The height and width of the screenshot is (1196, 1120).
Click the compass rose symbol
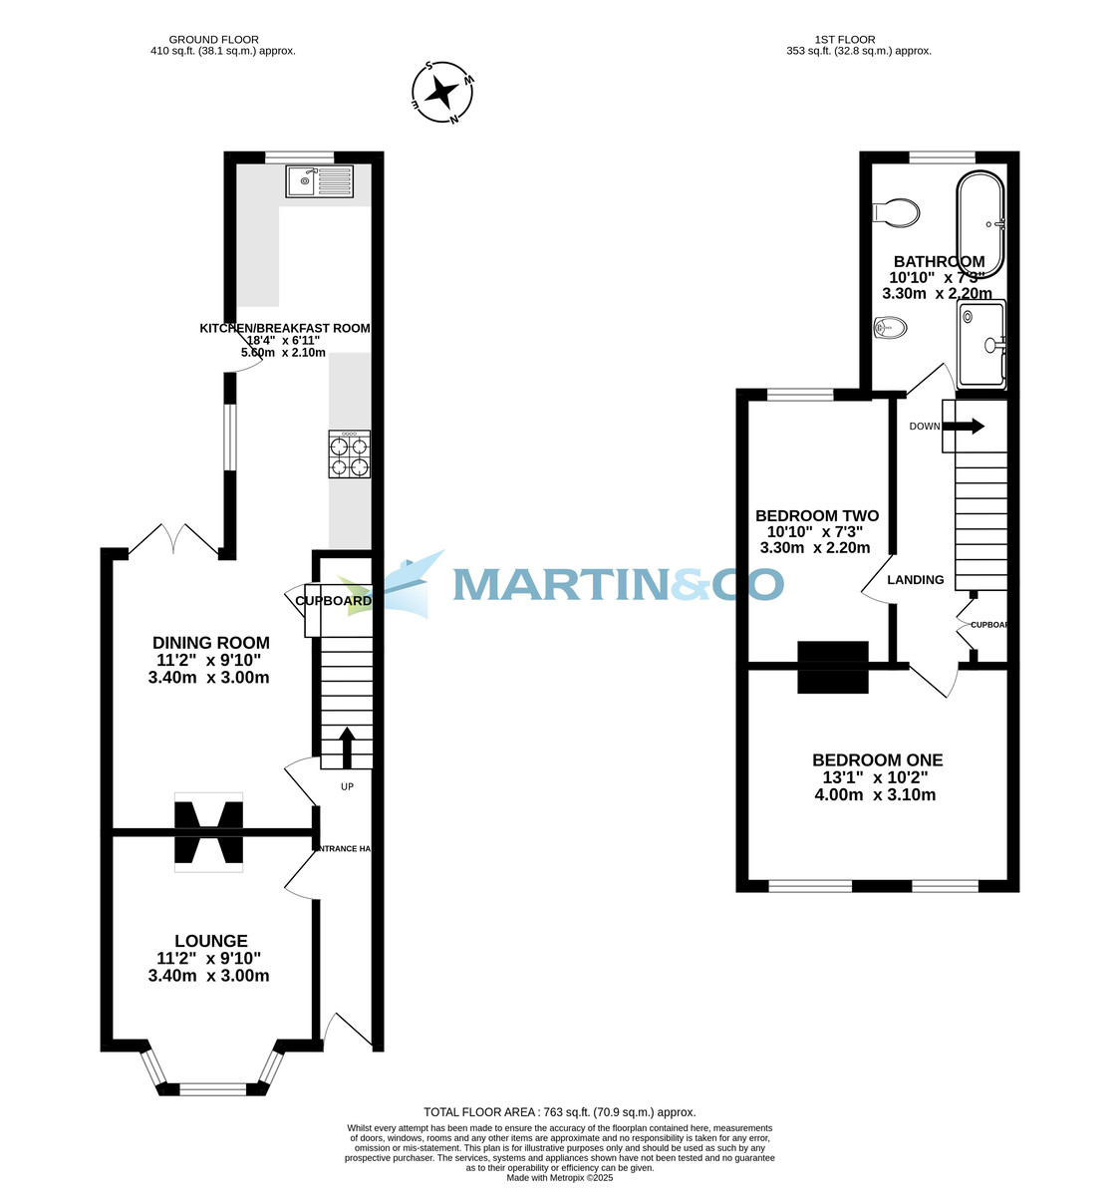click(442, 94)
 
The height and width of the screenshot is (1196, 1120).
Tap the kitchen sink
click(319, 181)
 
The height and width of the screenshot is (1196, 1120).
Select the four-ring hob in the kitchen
click(349, 454)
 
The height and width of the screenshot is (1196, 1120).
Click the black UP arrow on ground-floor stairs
click(347, 747)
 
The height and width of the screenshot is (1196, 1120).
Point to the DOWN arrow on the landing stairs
click(963, 427)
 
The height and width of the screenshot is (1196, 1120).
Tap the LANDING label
click(915, 579)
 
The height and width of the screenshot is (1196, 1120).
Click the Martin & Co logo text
click(618, 584)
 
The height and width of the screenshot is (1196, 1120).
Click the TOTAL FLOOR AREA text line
click(559, 1112)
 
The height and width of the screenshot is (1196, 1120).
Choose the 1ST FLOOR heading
click(844, 40)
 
